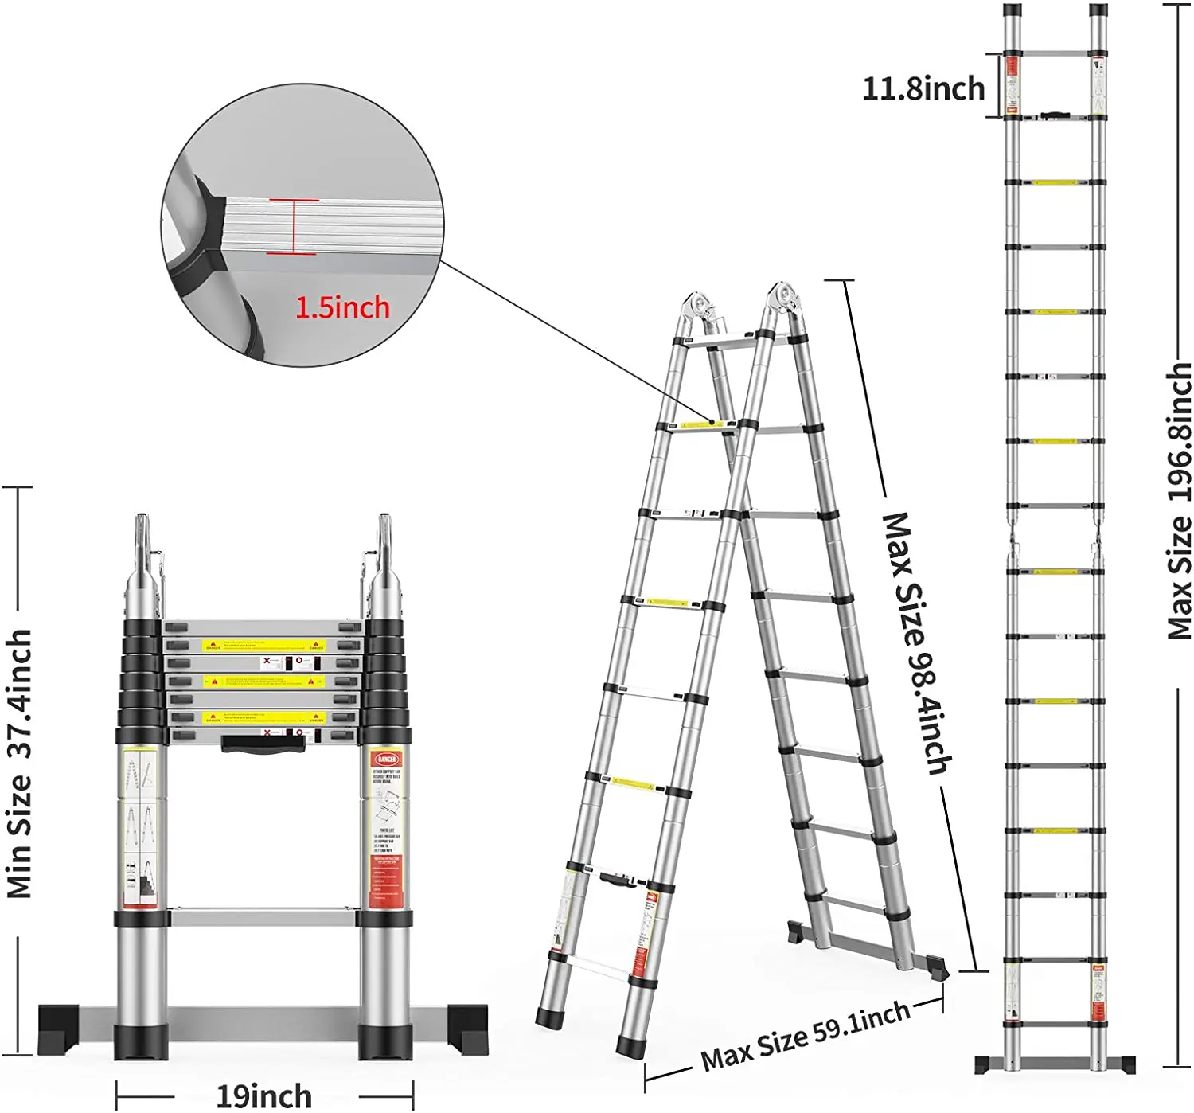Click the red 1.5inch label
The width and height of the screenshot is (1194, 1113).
tap(342, 307)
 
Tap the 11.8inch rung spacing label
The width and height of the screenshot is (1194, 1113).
tap(923, 88)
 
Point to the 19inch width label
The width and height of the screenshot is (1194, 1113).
tap(264, 1095)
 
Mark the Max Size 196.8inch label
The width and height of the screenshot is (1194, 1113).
tap(1180, 502)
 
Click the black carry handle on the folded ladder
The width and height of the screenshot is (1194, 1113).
tap(262, 744)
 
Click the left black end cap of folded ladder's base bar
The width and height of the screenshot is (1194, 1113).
tap(59, 1029)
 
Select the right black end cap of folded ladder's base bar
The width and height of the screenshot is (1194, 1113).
tap(468, 1029)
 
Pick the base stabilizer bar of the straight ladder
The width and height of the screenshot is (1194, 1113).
tap(1055, 1064)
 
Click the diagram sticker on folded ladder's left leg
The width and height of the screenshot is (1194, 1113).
tap(140, 828)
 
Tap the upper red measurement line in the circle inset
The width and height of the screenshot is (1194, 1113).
tap(293, 200)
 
